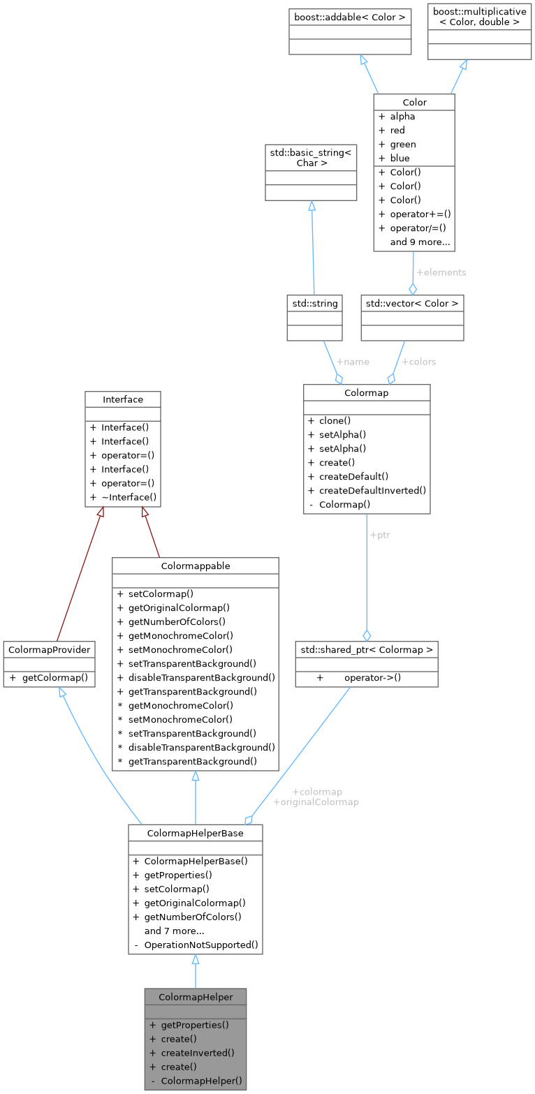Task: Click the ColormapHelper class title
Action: point(195,997)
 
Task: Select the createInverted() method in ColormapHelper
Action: point(198,1053)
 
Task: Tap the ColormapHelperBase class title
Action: point(195,833)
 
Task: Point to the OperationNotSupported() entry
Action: point(201,945)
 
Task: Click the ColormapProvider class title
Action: point(49,649)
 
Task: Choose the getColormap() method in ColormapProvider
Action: point(54,677)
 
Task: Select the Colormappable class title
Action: point(196,566)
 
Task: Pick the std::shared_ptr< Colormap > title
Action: point(366,649)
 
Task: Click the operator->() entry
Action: point(377,677)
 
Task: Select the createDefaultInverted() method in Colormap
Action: point(372,490)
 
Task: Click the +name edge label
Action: point(352,362)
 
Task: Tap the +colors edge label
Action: point(418,362)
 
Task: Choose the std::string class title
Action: point(314,303)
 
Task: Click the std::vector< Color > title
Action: point(412,303)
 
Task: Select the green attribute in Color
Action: point(403,144)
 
